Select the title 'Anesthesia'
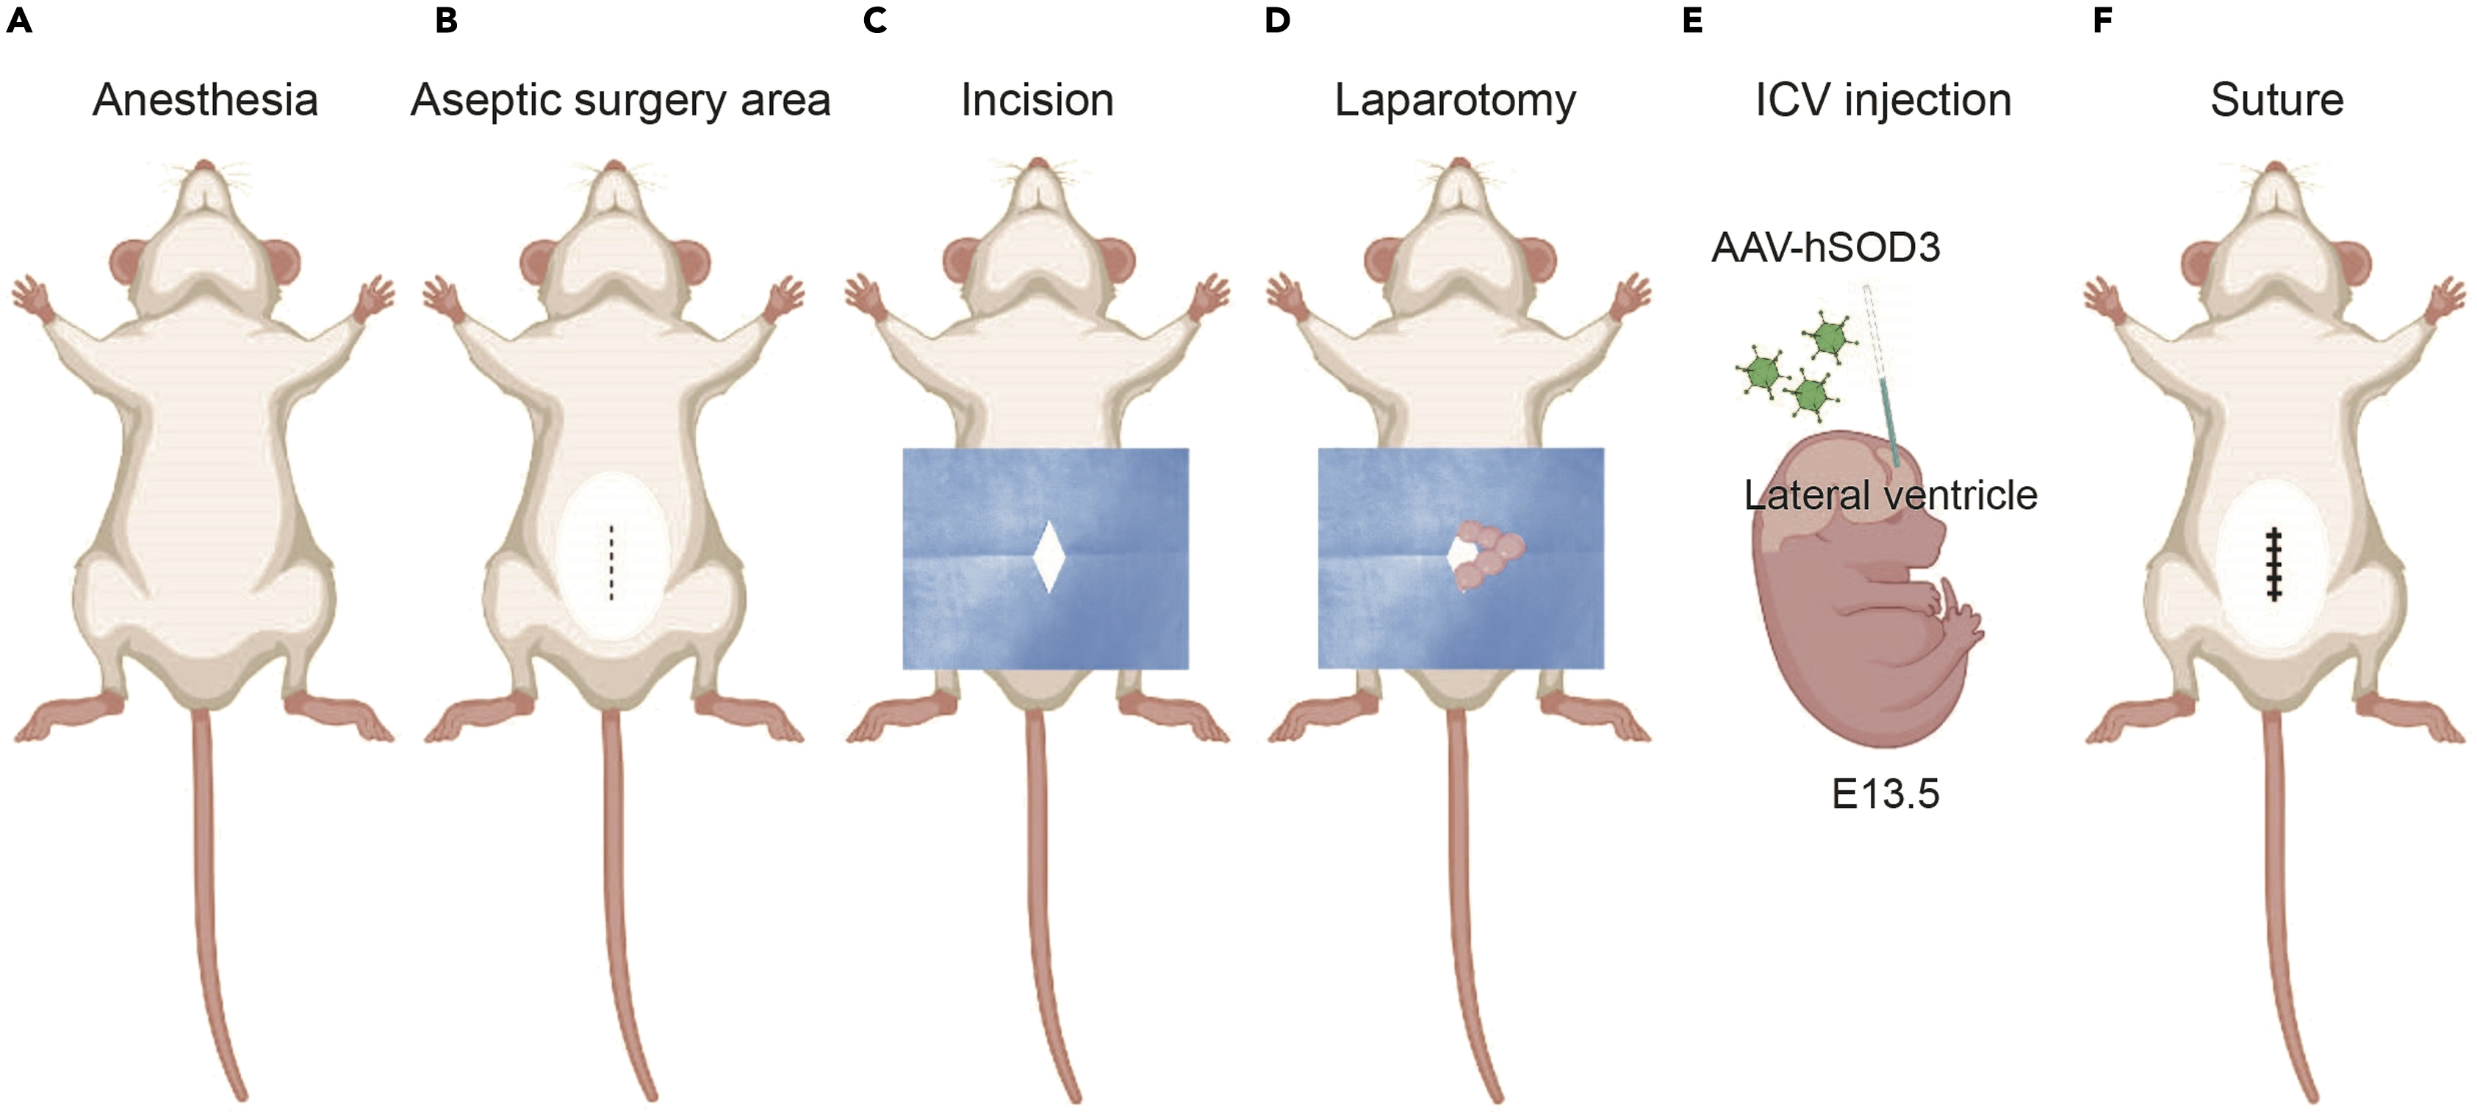(205, 100)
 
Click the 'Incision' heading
(1037, 100)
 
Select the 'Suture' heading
(2276, 100)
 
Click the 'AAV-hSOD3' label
(1825, 248)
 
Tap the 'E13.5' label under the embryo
(1885, 794)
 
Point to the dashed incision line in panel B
(611, 563)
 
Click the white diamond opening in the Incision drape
(1048, 557)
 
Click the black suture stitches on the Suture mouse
(2274, 564)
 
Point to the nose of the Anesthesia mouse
(204, 166)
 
